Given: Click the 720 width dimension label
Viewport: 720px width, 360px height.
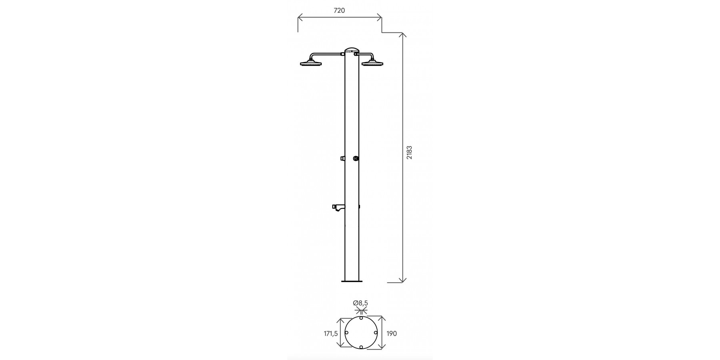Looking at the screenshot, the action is (x=339, y=11).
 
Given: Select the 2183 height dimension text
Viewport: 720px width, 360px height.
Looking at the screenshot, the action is (x=409, y=153).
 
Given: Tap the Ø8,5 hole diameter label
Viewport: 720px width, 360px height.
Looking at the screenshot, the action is (x=360, y=304).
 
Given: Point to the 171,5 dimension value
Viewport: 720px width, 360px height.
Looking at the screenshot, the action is (x=330, y=333).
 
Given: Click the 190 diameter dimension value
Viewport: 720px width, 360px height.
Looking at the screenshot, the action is (x=392, y=333).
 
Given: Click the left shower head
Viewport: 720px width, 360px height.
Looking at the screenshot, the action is (x=311, y=63).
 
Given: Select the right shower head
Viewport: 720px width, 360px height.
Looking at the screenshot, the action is (x=372, y=63).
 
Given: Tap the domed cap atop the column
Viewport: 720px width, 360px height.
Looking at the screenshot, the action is (x=352, y=50).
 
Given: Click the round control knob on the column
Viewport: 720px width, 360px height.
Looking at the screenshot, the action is (x=356, y=159).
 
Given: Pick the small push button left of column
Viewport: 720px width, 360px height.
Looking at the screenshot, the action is (x=343, y=159).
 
